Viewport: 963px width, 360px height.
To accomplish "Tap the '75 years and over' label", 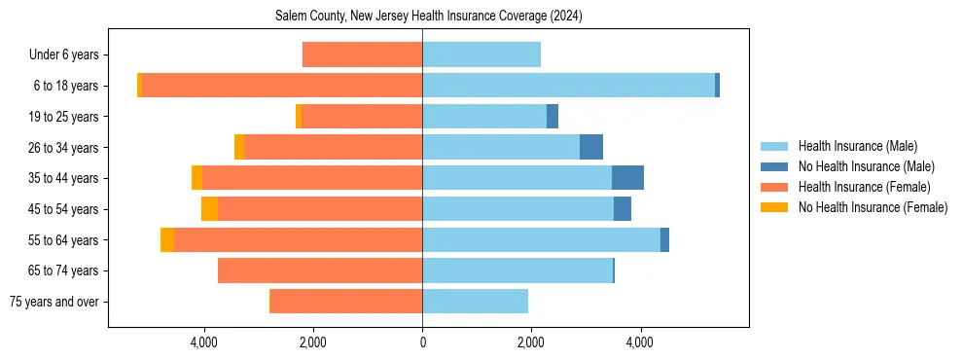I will [x=53, y=302].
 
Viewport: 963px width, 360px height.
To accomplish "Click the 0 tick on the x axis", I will [x=422, y=343].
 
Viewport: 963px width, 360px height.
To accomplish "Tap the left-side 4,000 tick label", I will [x=204, y=343].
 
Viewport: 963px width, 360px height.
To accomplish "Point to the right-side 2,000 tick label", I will [x=531, y=343].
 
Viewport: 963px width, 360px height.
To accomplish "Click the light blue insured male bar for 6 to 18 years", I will [x=568, y=86].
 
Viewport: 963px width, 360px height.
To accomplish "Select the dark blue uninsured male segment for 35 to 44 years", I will [x=627, y=178].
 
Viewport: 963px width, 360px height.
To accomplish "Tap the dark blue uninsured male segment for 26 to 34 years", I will [x=591, y=148].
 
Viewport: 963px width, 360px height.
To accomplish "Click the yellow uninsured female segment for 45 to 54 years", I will [x=209, y=209].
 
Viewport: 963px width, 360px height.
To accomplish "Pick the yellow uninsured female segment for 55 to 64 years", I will [x=167, y=240].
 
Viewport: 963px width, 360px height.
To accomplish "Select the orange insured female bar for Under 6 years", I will [x=362, y=55].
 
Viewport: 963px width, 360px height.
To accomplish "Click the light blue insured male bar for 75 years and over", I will [x=475, y=302].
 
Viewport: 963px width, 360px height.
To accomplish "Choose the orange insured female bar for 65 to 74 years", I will [x=320, y=270].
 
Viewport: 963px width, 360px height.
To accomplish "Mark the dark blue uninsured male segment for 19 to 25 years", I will [x=553, y=117].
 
